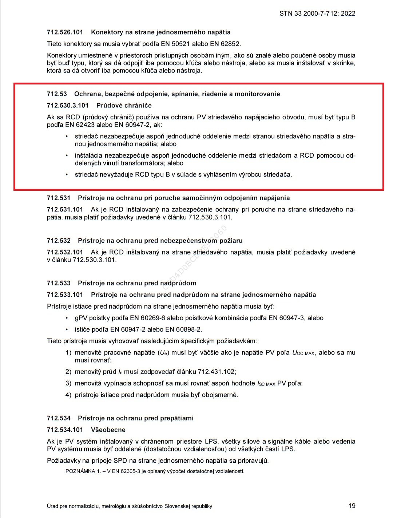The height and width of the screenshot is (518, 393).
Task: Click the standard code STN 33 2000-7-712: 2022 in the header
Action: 317,13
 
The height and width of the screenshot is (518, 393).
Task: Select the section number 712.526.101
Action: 65,32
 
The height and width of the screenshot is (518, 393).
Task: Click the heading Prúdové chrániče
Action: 124,106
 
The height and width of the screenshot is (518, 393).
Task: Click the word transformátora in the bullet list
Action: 143,163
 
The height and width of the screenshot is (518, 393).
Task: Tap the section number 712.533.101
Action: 65,294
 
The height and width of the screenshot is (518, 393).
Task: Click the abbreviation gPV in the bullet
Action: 81,318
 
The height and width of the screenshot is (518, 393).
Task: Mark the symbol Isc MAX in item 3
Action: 266,383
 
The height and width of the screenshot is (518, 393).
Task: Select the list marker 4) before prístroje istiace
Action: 68,395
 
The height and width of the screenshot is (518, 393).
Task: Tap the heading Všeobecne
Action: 108,430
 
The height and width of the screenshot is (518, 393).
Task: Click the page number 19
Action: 352,506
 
